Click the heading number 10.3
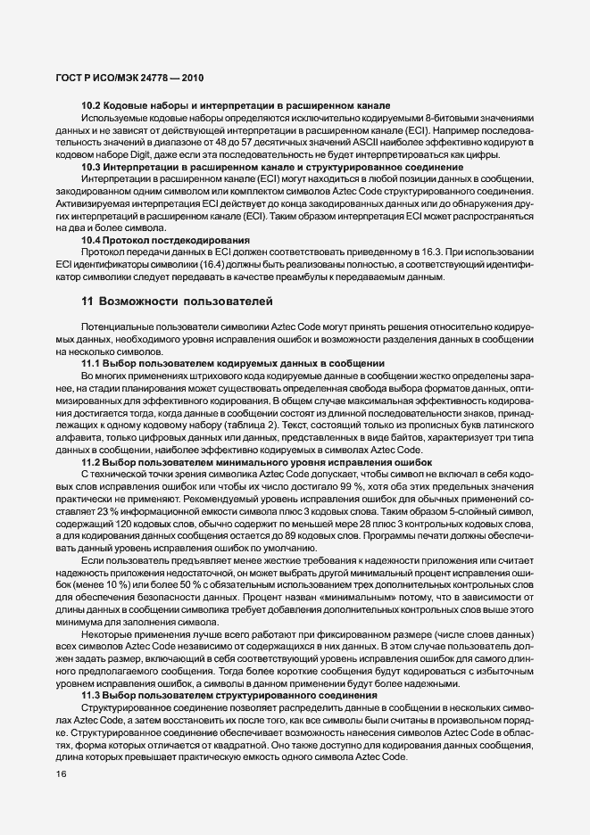pyautogui.click(x=92, y=167)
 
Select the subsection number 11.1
pyautogui.click(x=92, y=364)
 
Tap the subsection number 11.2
pyautogui.click(x=92, y=461)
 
